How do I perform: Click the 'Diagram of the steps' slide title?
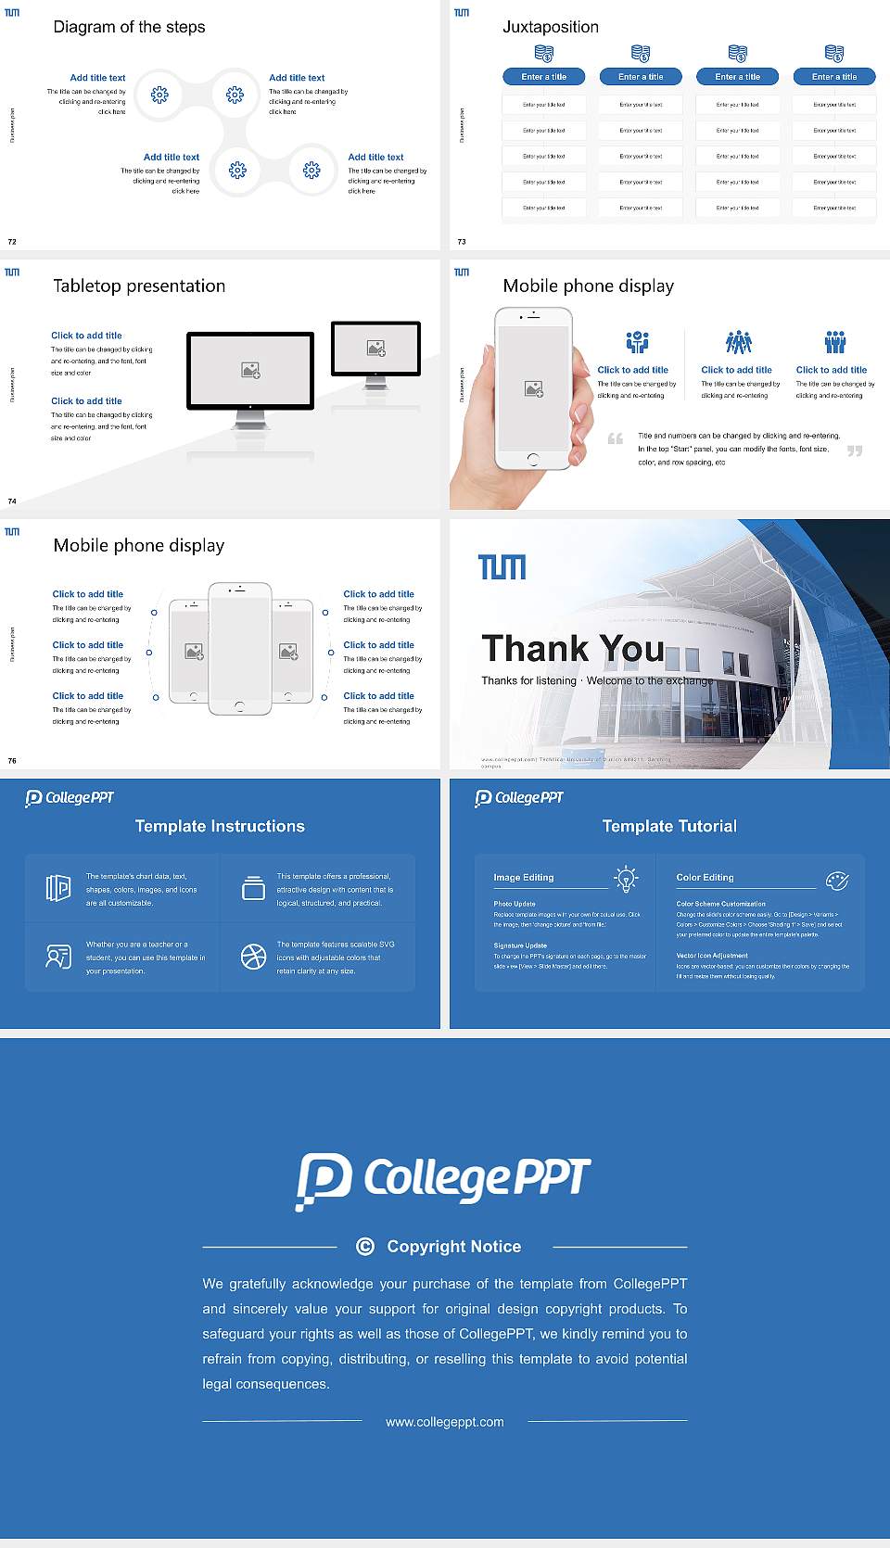(x=129, y=27)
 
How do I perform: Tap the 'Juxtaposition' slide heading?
(x=550, y=27)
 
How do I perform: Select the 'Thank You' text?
(x=573, y=649)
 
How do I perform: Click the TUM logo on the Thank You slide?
(x=502, y=566)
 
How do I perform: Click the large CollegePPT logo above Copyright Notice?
(x=443, y=1180)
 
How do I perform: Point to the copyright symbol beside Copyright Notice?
(x=365, y=1247)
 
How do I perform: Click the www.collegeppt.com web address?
(x=445, y=1422)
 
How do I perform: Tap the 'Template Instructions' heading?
(x=220, y=826)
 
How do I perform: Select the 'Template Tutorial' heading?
(x=669, y=826)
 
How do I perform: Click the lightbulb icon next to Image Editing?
(x=627, y=879)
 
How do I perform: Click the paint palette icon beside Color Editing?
(x=837, y=880)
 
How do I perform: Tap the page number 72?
(x=12, y=241)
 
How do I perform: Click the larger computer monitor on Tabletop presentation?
(x=250, y=370)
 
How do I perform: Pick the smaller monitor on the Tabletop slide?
(x=375, y=349)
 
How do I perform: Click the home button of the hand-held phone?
(x=532, y=459)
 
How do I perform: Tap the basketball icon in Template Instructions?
(x=253, y=957)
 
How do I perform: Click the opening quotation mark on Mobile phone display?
(x=616, y=438)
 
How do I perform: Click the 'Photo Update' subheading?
(x=515, y=904)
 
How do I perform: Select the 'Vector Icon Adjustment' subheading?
(x=712, y=956)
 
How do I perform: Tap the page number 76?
(x=12, y=760)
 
